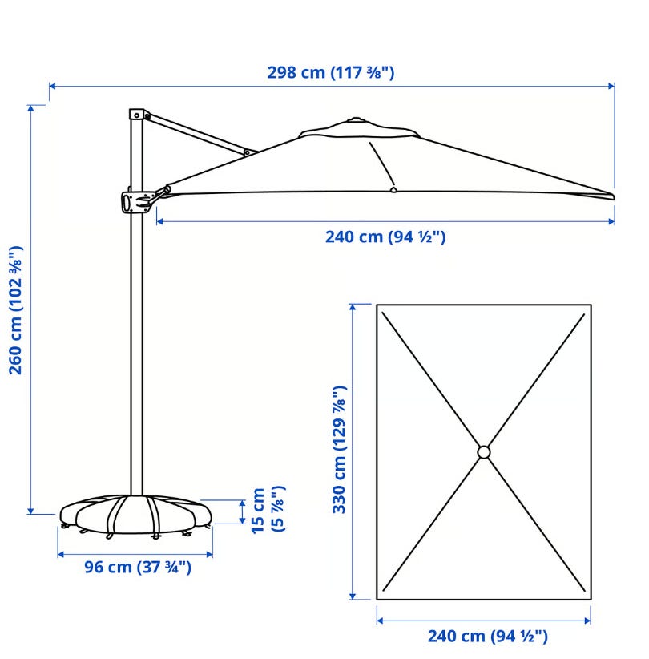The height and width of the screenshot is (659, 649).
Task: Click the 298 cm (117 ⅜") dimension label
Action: [x=331, y=73]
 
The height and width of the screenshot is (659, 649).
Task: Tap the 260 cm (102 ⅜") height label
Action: [x=16, y=310]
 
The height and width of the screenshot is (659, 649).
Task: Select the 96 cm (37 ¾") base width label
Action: [x=138, y=567]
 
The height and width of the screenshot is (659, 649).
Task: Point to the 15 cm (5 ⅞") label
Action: [x=268, y=510]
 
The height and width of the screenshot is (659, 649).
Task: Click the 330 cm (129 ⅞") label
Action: [x=340, y=450]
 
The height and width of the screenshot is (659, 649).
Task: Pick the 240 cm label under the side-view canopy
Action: [x=385, y=237]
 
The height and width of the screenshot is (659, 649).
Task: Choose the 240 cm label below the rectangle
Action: [x=488, y=637]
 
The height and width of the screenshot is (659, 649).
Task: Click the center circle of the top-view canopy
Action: [x=483, y=452]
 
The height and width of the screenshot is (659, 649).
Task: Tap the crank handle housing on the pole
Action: [x=135, y=202]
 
